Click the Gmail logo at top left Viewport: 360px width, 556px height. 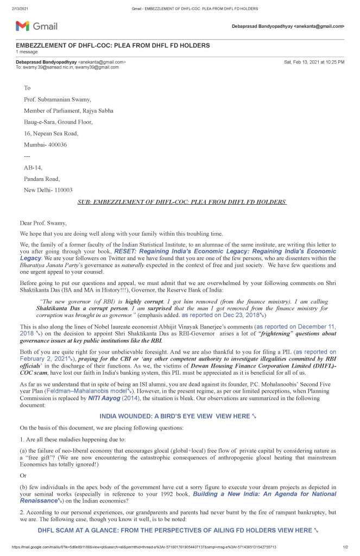tap(36, 26)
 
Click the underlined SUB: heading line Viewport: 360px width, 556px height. tap(182, 202)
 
